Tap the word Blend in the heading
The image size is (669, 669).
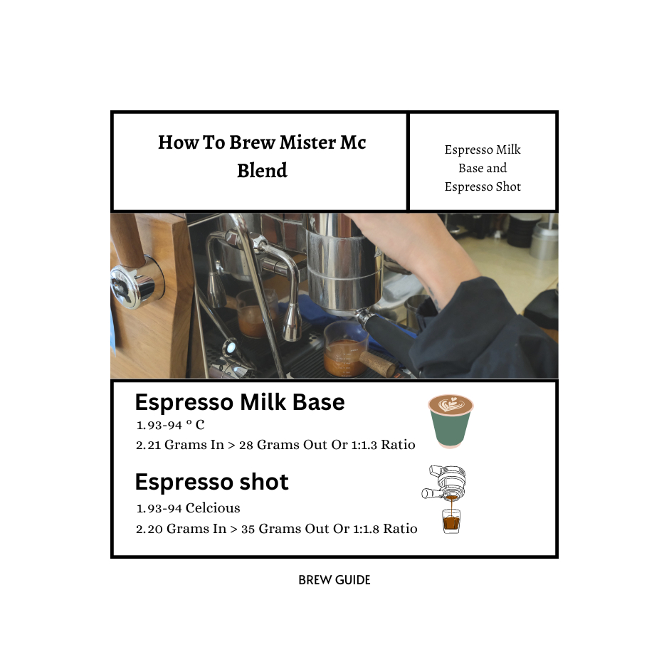point(262,170)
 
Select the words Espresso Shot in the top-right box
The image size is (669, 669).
point(483,187)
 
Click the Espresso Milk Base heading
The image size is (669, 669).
point(240,402)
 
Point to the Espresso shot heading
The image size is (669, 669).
point(211,482)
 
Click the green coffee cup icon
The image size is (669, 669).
point(451,421)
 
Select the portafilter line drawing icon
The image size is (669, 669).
point(443,483)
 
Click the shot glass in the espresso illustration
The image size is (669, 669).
point(451,521)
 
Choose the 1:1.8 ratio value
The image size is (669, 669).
point(366,529)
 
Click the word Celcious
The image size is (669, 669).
point(213,508)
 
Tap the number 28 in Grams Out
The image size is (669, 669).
point(246,445)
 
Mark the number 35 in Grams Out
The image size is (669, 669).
point(248,529)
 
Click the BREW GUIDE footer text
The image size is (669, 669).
point(334,580)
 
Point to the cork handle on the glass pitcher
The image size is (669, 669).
point(376,363)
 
